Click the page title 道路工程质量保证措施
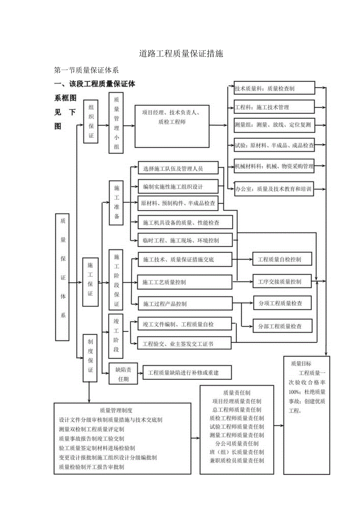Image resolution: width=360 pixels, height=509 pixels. click(x=181, y=54)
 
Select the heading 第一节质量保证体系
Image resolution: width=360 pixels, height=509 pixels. click(x=86, y=71)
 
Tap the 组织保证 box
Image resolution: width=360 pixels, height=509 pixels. click(x=91, y=121)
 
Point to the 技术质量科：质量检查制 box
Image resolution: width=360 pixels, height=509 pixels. click(x=274, y=88)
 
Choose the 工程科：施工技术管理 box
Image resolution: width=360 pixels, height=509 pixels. click(x=274, y=107)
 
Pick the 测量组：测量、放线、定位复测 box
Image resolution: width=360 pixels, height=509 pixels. click(x=274, y=125)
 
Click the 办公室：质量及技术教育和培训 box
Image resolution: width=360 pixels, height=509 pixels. click(x=274, y=189)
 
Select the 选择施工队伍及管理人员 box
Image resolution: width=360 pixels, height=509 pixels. click(x=178, y=169)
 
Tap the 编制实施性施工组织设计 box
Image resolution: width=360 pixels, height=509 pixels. click(x=178, y=186)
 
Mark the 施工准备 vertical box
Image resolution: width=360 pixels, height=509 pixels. click(x=116, y=203)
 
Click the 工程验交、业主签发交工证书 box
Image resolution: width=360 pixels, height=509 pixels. click(x=184, y=344)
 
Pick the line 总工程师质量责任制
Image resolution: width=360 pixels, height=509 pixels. click(x=236, y=410)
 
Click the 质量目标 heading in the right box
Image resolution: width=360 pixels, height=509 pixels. click(x=301, y=363)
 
